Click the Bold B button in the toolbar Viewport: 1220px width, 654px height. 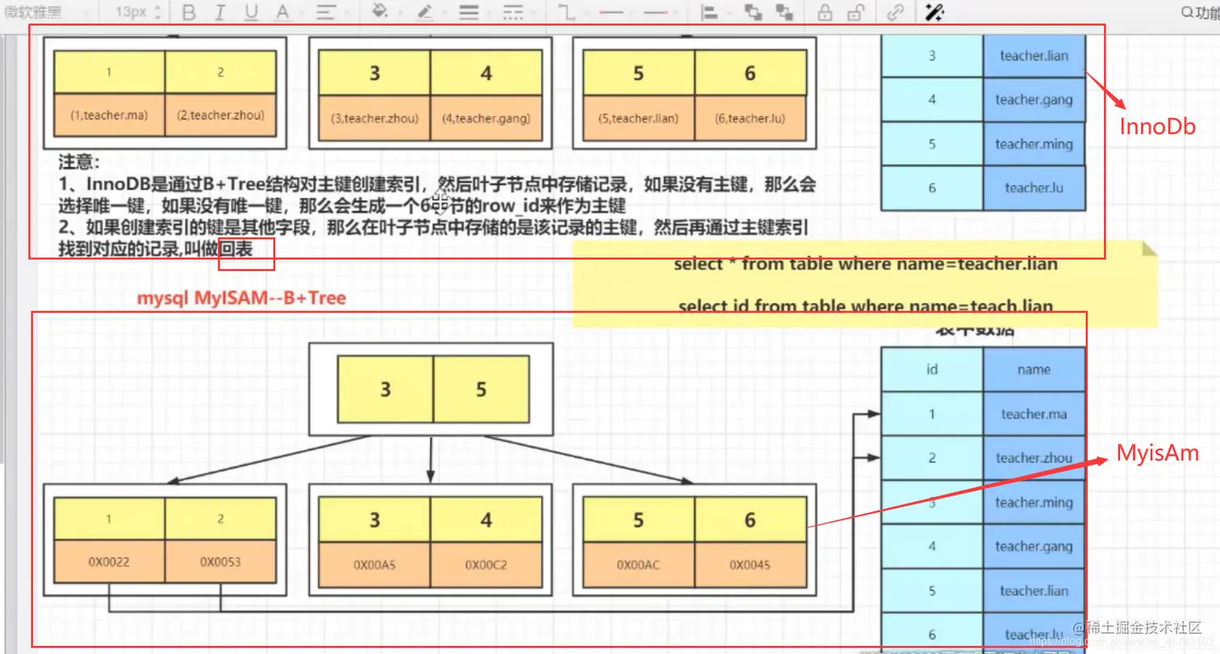pos(189,13)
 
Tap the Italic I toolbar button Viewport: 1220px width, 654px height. pos(219,13)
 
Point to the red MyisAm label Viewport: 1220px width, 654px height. pos(1157,454)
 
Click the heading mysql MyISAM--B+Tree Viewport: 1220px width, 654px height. pos(240,298)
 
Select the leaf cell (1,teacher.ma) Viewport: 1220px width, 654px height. pos(110,115)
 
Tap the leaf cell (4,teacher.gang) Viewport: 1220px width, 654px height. pos(486,119)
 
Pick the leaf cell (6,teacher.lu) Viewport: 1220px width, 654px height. pos(750,119)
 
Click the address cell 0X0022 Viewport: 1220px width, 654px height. pos(110,562)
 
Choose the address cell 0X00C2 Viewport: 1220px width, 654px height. pos(486,565)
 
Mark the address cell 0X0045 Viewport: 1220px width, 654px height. pos(750,565)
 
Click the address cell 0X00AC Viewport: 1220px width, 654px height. pos(638,565)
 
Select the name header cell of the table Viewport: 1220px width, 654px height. pos(1034,370)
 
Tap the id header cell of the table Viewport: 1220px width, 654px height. pos(932,370)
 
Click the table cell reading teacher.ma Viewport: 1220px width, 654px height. pos(1034,414)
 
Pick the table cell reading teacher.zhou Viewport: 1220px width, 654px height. pos(1034,458)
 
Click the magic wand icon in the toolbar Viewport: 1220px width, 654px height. pos(934,13)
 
